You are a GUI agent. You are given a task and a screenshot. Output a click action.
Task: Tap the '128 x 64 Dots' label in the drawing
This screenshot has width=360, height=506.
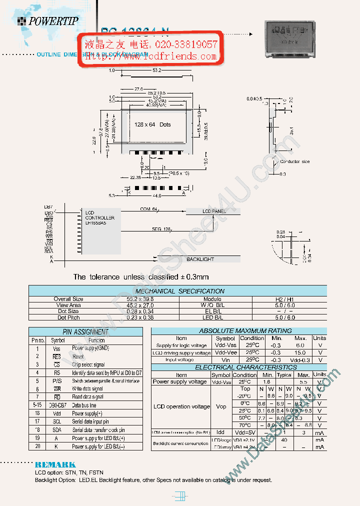click(x=152, y=124)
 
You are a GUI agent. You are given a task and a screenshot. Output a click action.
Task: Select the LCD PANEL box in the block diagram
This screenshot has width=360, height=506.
click(x=213, y=211)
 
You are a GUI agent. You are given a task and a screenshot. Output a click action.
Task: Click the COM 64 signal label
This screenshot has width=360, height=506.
click(x=148, y=209)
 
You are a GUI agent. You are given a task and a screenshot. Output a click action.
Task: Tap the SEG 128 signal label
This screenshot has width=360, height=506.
click(x=161, y=229)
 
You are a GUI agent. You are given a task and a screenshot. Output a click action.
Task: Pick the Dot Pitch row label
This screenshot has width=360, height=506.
click(x=68, y=317)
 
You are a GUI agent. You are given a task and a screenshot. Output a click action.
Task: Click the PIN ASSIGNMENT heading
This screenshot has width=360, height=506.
click(x=85, y=331)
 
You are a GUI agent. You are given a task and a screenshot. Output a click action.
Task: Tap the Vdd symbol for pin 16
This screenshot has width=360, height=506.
click(x=56, y=413)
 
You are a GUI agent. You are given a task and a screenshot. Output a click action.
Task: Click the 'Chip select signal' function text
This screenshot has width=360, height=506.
click(x=88, y=364)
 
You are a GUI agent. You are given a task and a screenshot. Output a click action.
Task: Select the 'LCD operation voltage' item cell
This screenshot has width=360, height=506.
click(x=181, y=406)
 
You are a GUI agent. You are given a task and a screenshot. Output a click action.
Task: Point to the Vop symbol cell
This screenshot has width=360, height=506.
click(x=220, y=406)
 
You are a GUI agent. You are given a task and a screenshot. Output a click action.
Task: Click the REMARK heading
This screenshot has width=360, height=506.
click(x=55, y=464)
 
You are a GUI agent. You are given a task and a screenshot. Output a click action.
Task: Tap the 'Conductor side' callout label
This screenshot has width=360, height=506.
click(x=294, y=161)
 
